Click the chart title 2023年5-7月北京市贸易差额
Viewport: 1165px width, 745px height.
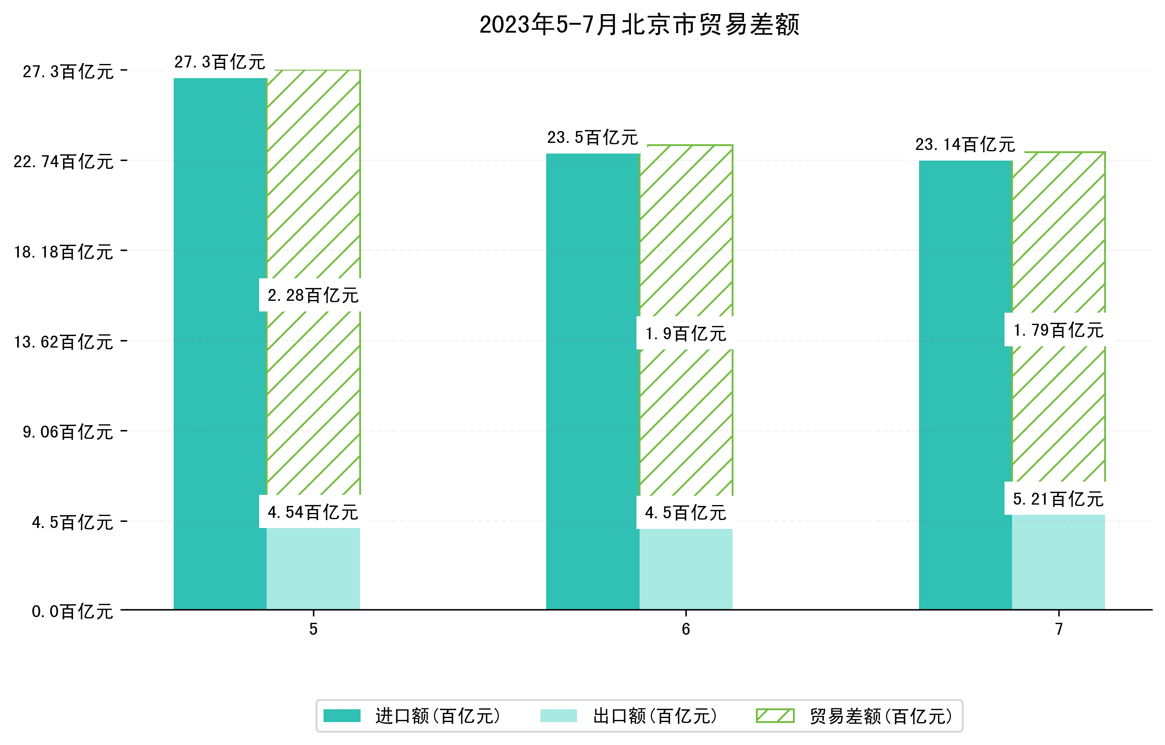(639, 25)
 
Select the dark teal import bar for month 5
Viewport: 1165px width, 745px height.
(220, 344)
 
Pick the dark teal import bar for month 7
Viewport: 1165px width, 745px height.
(965, 385)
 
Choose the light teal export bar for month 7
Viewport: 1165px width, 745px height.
(1059, 562)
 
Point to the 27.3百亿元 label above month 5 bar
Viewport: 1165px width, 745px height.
(220, 62)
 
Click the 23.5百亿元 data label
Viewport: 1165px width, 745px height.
(593, 138)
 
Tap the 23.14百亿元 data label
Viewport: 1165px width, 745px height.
(965, 144)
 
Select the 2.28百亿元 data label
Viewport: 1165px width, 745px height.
(313, 295)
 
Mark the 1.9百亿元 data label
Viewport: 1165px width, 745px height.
(685, 333)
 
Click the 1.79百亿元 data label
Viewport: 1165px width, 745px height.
(1059, 330)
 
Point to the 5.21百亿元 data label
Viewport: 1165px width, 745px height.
(1059, 498)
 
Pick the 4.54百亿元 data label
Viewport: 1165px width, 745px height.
(313, 512)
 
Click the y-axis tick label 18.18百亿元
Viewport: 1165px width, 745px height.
(63, 252)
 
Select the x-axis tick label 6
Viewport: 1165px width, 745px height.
(685, 629)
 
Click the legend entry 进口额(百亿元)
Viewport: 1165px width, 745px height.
(438, 716)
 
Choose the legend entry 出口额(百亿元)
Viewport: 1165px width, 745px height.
(655, 716)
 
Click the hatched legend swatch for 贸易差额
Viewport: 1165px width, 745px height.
(775, 716)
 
